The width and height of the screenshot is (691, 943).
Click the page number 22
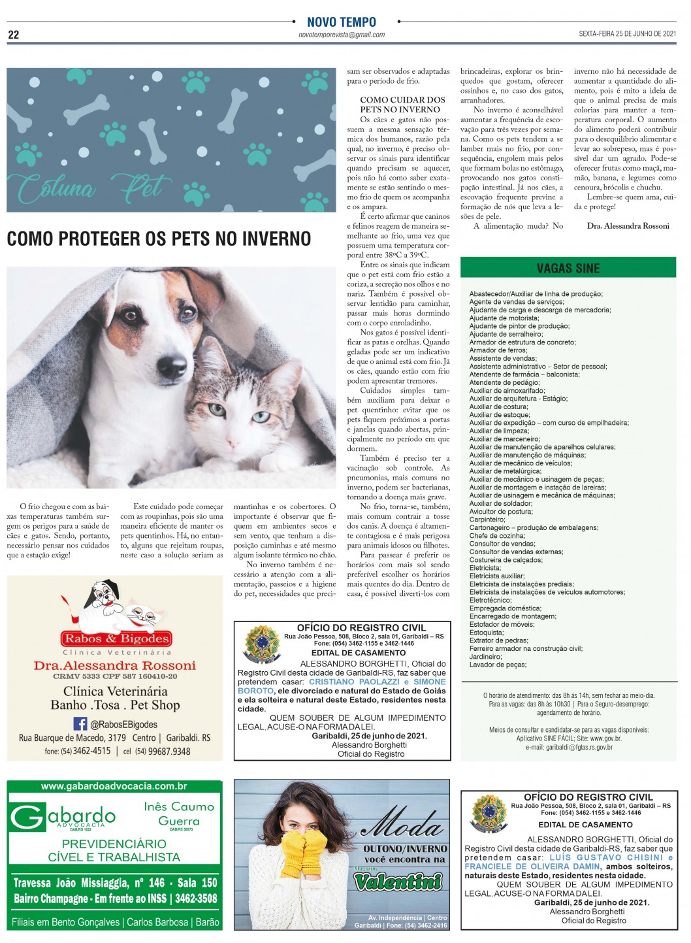coord(13,35)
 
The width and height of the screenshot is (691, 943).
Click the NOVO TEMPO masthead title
coord(341,22)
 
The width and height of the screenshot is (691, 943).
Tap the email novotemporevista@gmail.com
coord(341,35)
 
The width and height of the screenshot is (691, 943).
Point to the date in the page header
coord(627,34)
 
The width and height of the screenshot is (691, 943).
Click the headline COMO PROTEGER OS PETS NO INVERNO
coord(159,239)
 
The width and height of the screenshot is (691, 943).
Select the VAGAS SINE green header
coord(568,268)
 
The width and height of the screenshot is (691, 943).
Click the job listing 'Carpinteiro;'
coord(487,520)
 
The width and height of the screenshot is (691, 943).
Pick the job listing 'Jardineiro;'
coord(485,656)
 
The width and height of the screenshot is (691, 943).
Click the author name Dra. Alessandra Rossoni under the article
coord(628,226)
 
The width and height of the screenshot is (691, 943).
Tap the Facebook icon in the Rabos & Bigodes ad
coord(80,723)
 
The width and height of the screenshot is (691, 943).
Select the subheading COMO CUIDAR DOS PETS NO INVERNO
coord(402,105)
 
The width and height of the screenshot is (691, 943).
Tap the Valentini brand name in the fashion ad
coord(398,882)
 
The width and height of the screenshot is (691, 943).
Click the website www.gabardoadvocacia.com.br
coord(114,786)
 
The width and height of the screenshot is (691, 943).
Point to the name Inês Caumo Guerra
coord(179,814)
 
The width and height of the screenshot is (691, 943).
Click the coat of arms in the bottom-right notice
coord(489,814)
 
